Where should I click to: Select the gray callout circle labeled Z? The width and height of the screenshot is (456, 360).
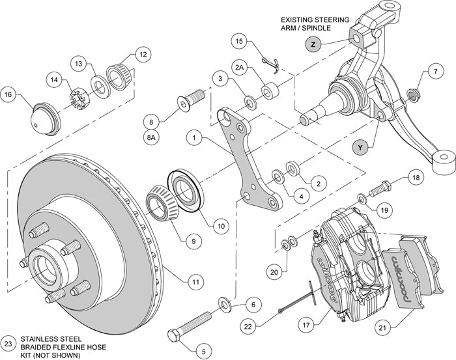[x=313, y=44]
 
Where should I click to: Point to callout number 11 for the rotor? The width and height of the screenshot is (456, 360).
[x=194, y=282]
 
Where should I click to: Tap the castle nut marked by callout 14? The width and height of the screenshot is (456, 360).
[x=78, y=101]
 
